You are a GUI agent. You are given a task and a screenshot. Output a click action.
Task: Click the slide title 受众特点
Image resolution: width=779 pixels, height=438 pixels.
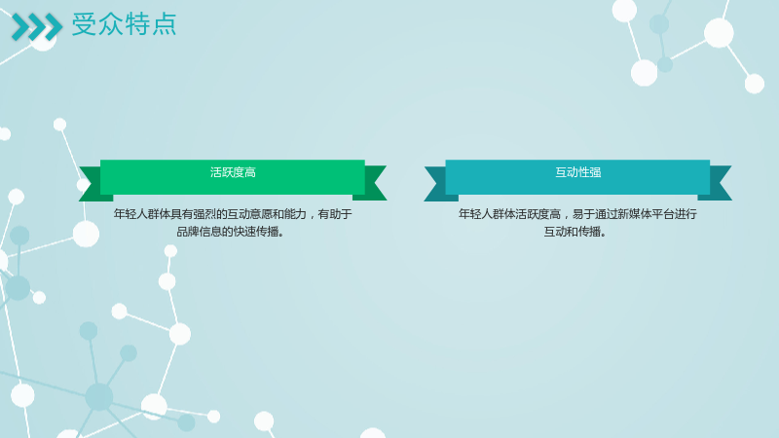[125, 24]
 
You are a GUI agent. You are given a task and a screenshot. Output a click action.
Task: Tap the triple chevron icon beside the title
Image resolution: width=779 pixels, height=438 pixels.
[37, 27]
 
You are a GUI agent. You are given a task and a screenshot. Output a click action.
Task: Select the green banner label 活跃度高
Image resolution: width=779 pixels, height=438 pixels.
[233, 172]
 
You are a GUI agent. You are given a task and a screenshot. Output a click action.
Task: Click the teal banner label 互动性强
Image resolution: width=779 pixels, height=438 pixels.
[577, 172]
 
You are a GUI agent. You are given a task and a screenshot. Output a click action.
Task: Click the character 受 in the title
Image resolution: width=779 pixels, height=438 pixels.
[84, 24]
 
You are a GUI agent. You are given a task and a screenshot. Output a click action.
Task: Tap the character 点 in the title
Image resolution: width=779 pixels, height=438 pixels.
[165, 24]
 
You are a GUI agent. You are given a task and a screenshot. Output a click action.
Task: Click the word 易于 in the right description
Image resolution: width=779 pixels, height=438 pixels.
[583, 214]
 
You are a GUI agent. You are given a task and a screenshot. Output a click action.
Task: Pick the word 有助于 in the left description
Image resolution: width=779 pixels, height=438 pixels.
[335, 214]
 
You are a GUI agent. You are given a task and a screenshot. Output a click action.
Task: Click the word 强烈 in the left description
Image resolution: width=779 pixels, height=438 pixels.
[204, 214]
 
